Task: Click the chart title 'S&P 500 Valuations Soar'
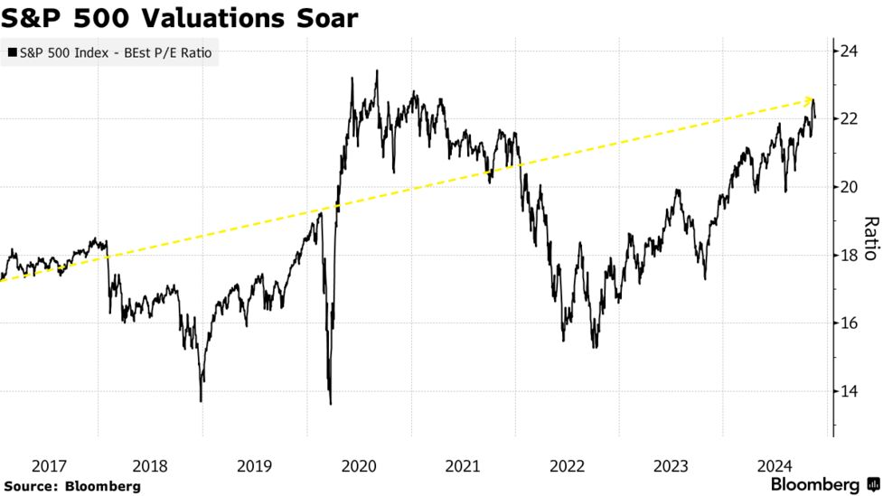(x=181, y=17)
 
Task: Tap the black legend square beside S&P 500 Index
(x=11, y=54)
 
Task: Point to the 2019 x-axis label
(x=255, y=466)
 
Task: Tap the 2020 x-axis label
(x=359, y=466)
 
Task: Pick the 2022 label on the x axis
(x=568, y=466)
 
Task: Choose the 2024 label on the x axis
(x=775, y=466)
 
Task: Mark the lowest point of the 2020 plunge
(x=330, y=403)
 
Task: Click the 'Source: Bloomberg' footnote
(x=72, y=486)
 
